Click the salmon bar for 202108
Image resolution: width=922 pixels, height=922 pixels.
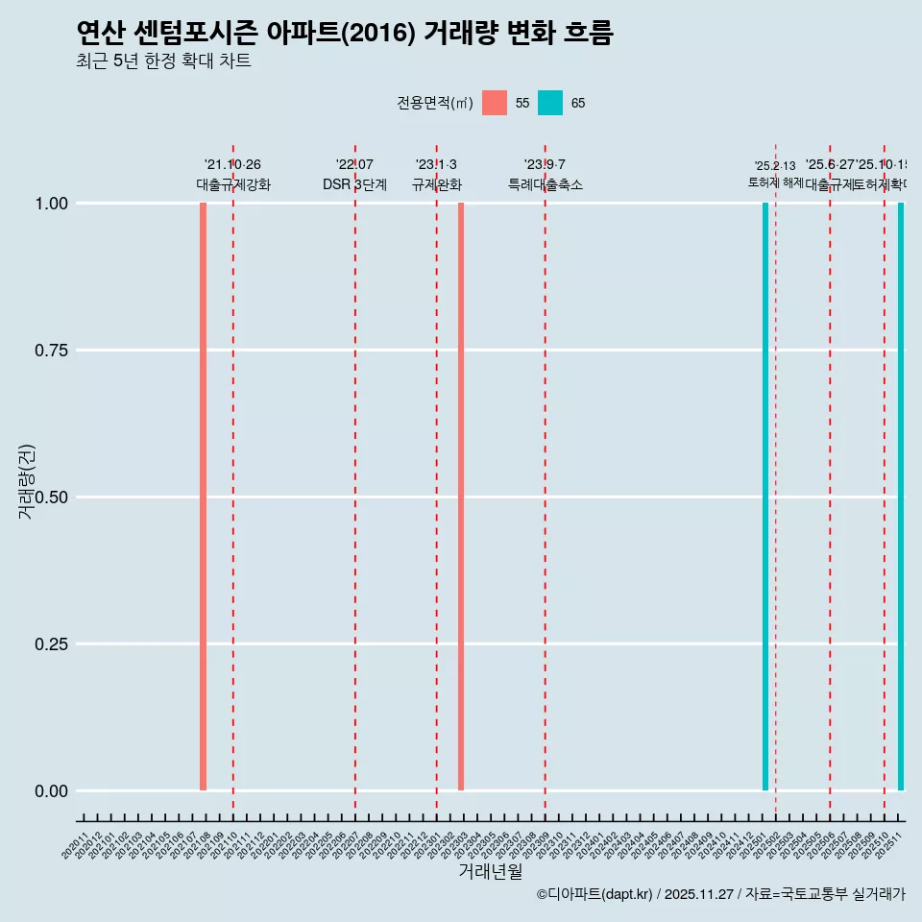(x=203, y=497)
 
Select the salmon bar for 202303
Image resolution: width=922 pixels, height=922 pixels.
(x=461, y=497)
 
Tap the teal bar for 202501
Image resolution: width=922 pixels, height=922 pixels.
(x=765, y=497)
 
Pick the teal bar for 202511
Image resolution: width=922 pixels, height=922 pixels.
(x=901, y=497)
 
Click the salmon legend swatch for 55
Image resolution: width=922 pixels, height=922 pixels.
(x=495, y=103)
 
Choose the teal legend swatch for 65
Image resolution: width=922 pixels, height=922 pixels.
(x=550, y=103)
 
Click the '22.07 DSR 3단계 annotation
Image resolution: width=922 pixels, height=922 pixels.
(x=354, y=175)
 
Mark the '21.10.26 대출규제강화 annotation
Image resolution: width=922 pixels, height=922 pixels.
(x=233, y=175)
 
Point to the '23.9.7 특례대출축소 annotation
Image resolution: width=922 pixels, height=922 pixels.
(x=546, y=175)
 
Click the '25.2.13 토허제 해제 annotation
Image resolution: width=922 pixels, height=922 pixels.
(x=775, y=174)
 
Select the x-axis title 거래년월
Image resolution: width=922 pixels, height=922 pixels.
(x=491, y=872)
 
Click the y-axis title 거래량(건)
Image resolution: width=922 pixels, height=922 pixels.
(x=27, y=481)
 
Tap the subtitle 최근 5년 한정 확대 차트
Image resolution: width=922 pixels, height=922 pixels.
(x=163, y=61)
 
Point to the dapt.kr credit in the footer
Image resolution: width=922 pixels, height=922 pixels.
(x=595, y=894)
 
